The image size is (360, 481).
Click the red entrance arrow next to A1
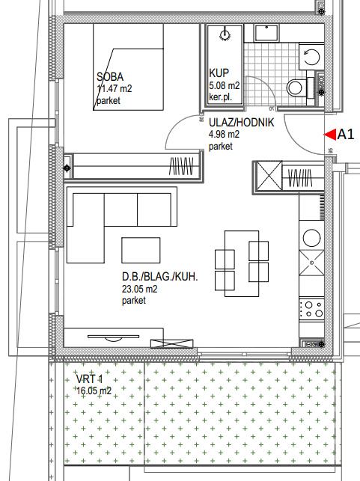(x=330, y=135)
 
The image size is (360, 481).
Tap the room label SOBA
(x=110, y=77)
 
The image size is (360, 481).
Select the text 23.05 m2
(x=140, y=289)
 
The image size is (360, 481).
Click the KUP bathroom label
(x=219, y=73)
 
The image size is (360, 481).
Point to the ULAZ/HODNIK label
(x=242, y=123)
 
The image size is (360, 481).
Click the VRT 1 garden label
(x=89, y=379)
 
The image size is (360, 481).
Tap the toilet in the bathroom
(x=298, y=88)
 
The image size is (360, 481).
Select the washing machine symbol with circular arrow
(x=311, y=57)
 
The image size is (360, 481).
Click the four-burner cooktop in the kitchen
(x=312, y=309)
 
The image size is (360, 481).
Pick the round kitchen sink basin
(x=311, y=238)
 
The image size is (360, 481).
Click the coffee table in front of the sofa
(x=141, y=250)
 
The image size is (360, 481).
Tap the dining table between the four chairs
(x=242, y=263)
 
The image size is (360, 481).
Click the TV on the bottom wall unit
(x=113, y=337)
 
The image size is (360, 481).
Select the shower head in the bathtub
(x=225, y=35)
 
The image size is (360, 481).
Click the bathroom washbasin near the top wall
(x=266, y=33)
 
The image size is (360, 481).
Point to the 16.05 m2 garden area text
(x=94, y=390)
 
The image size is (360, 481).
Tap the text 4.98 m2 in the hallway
(x=224, y=135)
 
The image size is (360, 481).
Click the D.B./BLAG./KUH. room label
(x=160, y=277)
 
